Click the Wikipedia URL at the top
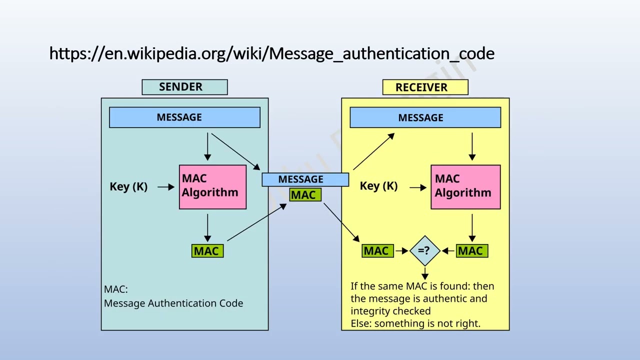coord(271,53)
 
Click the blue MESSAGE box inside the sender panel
coord(184,117)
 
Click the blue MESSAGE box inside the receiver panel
coord(425,118)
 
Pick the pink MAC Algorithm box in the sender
coord(212,186)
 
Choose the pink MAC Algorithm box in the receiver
coord(465,186)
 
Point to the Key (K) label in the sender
coord(128,186)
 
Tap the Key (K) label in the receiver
coord(378,186)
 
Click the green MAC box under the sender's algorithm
coord(207,251)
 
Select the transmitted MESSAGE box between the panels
coord(305,179)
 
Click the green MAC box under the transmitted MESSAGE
coord(304,195)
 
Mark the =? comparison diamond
coord(424,250)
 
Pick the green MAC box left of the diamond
coord(377,251)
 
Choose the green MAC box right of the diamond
coord(471,251)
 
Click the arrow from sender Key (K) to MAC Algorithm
coord(165,186)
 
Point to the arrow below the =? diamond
coord(424,273)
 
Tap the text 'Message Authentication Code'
coord(173,303)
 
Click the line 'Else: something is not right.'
coord(415,323)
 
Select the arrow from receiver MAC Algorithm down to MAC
coord(472,228)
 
